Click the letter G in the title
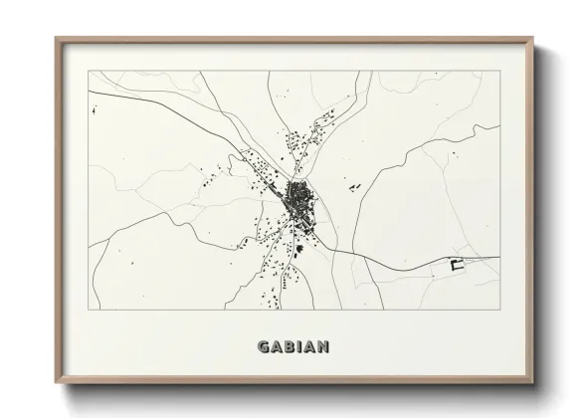(x=264, y=347)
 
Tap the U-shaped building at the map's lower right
(x=459, y=264)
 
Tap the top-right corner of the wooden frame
(x=533, y=39)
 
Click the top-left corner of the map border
(x=89, y=71)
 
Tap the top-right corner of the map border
(x=500, y=71)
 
